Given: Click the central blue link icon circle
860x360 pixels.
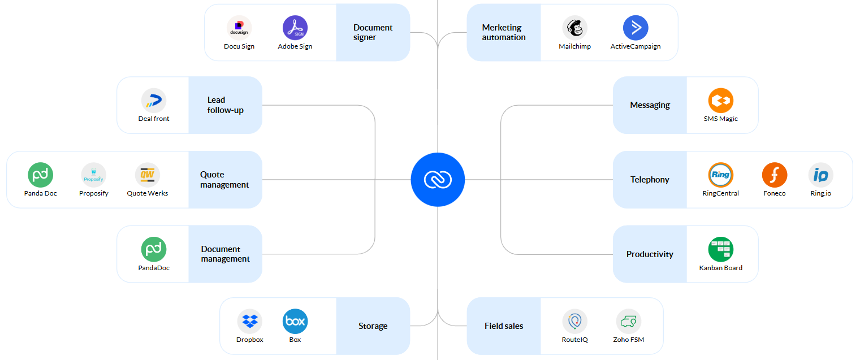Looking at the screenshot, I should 438,180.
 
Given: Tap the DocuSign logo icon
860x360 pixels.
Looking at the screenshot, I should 239,28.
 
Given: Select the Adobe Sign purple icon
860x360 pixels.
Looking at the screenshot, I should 295,28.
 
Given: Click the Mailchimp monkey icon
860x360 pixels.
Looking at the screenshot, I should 574,28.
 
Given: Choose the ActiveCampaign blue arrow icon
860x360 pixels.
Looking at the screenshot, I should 636,28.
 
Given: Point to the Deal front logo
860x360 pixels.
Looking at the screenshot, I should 154,101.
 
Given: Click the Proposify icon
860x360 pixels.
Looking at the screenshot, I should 94,175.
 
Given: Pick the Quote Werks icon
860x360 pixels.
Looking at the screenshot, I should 148,175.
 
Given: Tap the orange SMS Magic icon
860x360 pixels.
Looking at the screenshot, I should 720,101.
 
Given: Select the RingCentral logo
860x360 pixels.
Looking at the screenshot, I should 720,175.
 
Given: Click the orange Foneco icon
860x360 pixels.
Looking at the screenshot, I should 774,175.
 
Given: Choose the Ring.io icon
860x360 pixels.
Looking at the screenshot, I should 820,175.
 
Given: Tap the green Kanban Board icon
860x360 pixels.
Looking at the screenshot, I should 720,249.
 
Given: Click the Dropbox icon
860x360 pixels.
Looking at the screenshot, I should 250,322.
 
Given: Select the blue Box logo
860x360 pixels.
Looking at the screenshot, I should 295,322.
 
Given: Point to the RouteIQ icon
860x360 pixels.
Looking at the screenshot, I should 574,322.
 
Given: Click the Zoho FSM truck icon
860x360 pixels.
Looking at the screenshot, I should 628,322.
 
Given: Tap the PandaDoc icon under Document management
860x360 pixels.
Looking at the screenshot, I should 154,249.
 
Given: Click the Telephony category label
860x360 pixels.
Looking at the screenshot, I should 650,180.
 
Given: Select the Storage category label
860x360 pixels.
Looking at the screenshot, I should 373,326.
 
